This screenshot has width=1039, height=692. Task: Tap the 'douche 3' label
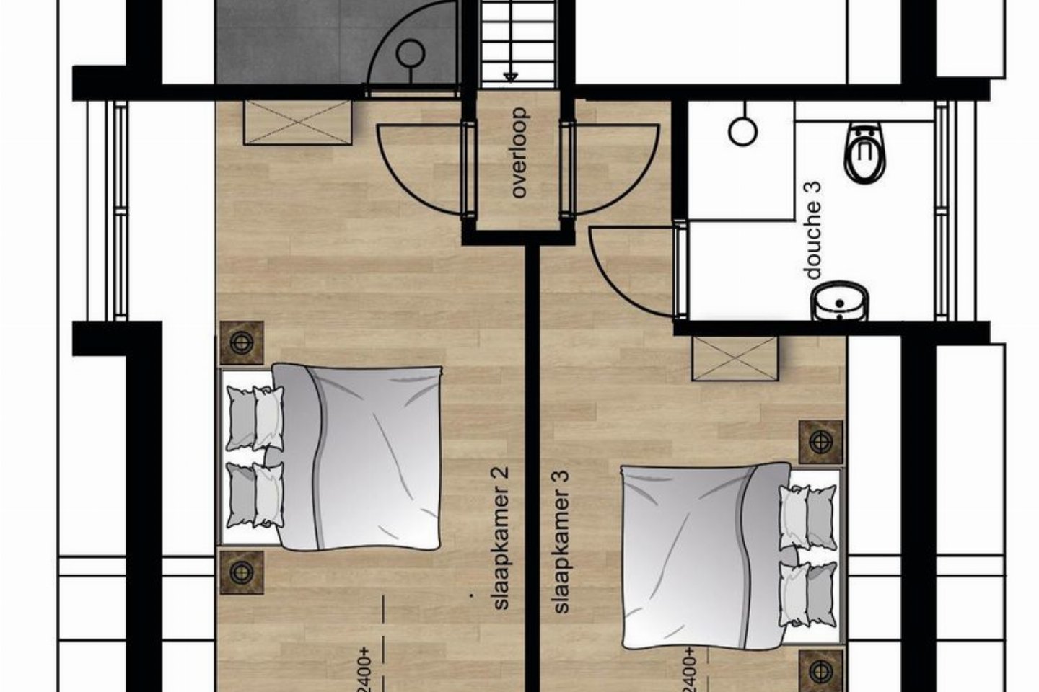tap(812, 230)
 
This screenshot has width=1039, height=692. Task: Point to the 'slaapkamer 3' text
tap(561, 542)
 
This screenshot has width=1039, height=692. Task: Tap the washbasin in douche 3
tap(840, 302)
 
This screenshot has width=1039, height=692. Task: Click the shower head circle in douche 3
tap(742, 132)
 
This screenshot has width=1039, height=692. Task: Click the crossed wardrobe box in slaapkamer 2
tap(297, 123)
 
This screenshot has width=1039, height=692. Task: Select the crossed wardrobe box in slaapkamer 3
tap(735, 359)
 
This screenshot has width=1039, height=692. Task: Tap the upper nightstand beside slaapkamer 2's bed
tap(242, 343)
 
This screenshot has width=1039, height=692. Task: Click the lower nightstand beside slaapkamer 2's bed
tap(242, 572)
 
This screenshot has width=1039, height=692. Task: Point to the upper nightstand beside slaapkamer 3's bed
tap(820, 442)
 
